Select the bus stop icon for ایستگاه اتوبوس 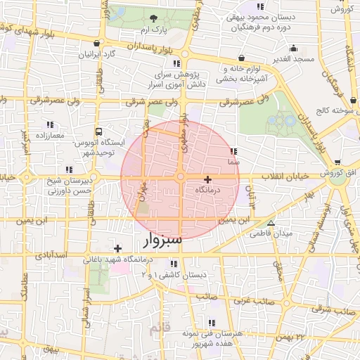coord(98,131)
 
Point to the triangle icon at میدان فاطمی coord(271,223)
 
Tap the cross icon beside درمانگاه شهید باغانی coord(117,248)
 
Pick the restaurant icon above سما coord(233,151)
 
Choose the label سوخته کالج coord(335,110)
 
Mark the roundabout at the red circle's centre coord(181,177)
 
